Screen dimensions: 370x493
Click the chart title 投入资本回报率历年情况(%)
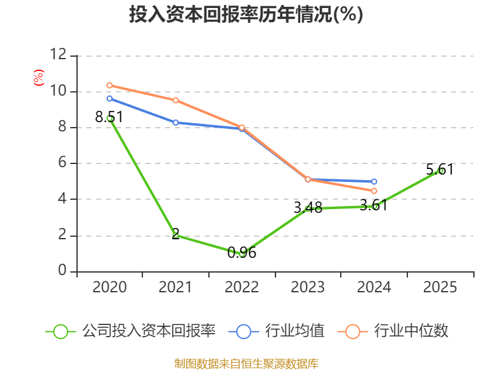coord(246,15)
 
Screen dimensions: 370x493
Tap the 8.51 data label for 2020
coord(109,117)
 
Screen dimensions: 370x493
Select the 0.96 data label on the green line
coord(242,252)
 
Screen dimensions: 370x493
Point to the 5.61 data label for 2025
coord(439,169)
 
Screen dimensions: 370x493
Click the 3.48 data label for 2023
coord(308,208)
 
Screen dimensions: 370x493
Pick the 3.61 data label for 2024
coord(373,205)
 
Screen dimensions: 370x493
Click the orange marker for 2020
coord(110,85)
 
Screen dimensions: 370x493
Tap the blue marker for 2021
coord(176,122)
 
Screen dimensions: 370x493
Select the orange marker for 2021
coord(176,100)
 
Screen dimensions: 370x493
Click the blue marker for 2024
coord(374,181)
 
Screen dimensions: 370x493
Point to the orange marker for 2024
coord(374,191)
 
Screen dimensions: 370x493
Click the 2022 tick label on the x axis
coord(242,287)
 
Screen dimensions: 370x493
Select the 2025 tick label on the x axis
coord(440,287)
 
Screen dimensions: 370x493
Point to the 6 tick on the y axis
coord(62,163)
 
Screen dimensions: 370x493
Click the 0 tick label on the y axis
coord(62,271)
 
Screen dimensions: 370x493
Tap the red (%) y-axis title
coord(38,78)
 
